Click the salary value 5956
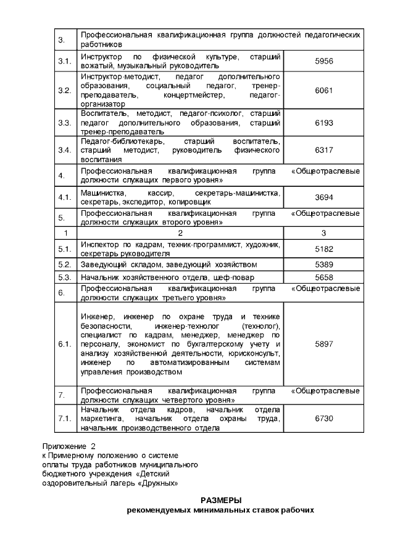click(x=323, y=61)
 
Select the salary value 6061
click(x=323, y=91)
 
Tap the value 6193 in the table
click(x=323, y=123)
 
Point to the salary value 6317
click(x=323, y=150)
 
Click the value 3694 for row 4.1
click(x=323, y=197)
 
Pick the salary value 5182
click(x=323, y=249)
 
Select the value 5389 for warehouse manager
click(x=323, y=265)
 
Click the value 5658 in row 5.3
click(x=323, y=277)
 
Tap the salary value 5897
click(x=323, y=344)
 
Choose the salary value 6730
click(x=323, y=419)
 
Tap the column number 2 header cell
click(x=180, y=234)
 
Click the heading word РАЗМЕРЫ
click(x=221, y=500)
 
